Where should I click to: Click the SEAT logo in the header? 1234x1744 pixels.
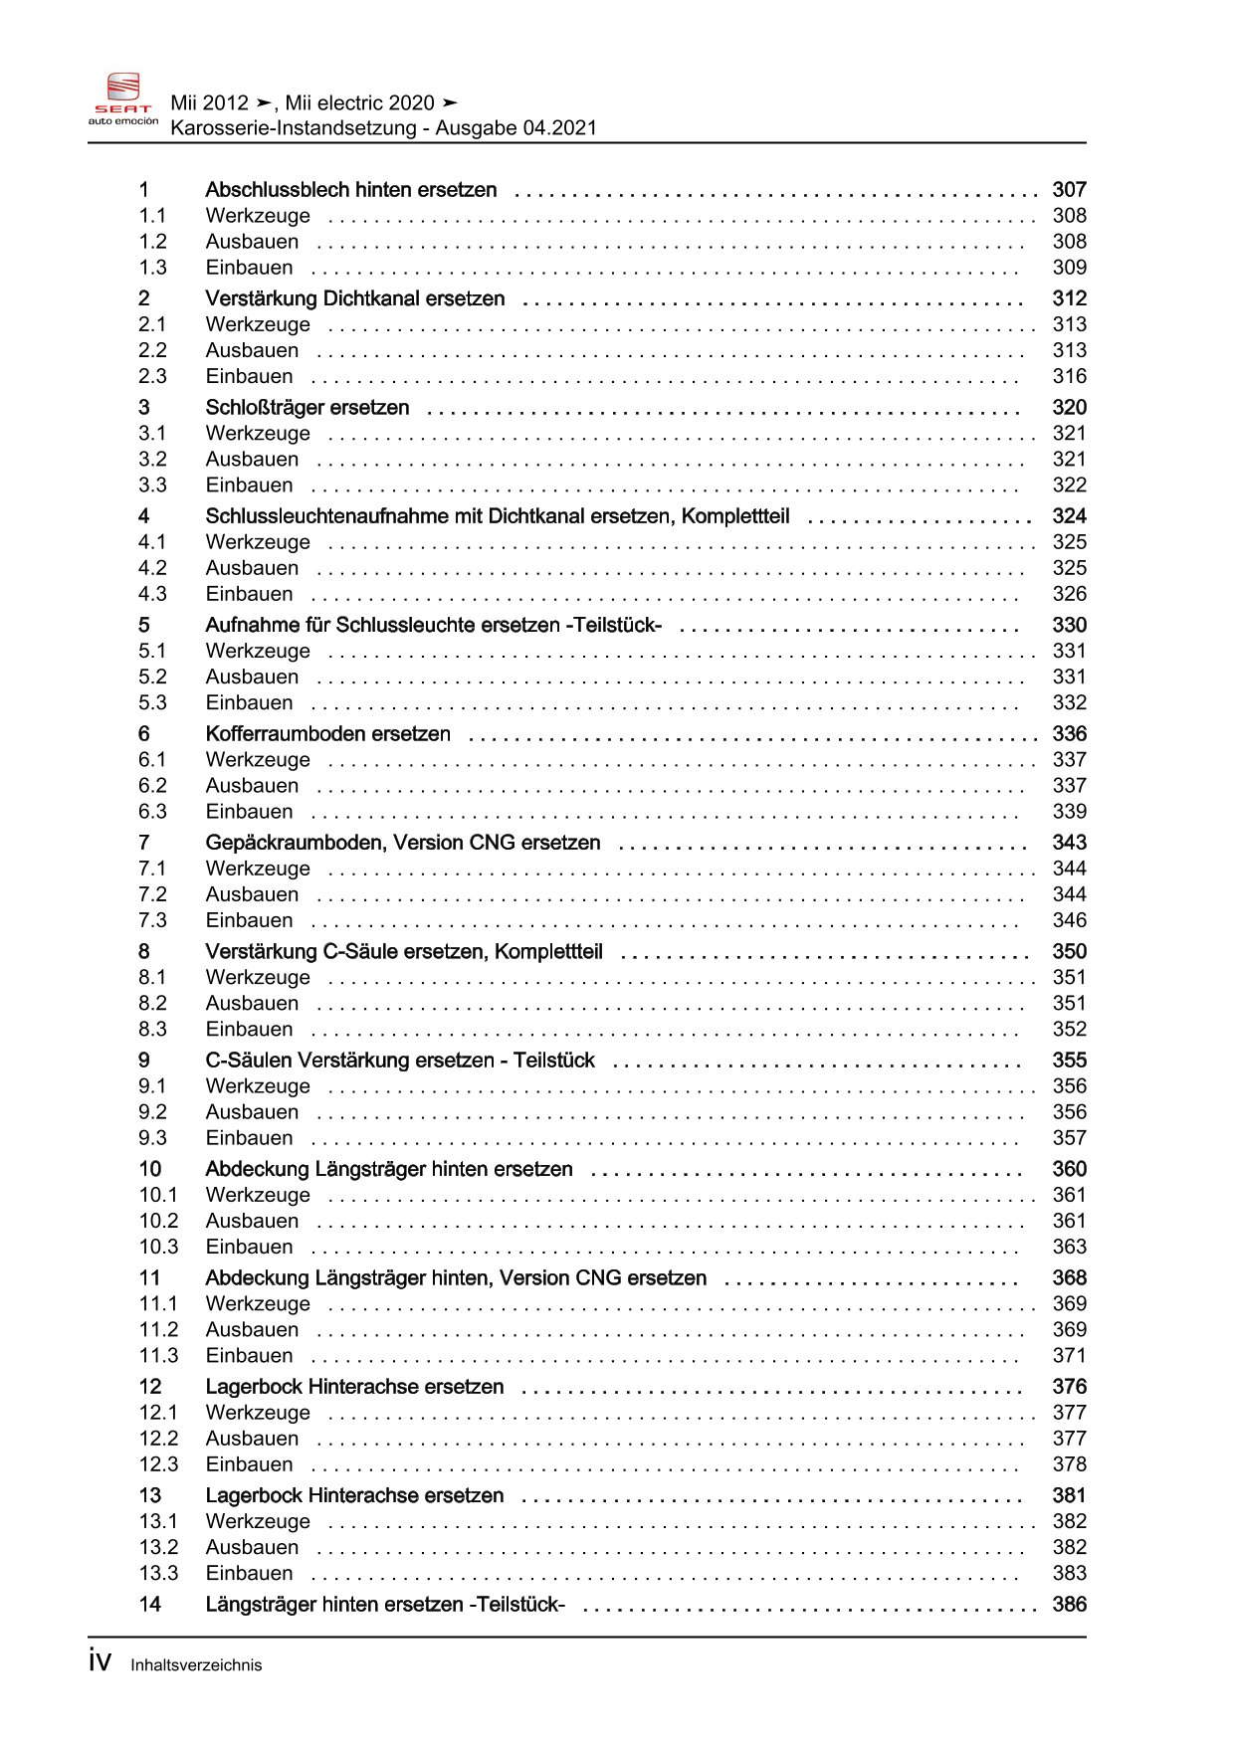(123, 98)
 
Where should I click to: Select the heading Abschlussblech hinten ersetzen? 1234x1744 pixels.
(350, 190)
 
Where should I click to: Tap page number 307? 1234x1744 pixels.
(1069, 190)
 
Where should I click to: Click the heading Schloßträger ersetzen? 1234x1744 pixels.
(307, 408)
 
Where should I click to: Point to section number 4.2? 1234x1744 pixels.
(152, 568)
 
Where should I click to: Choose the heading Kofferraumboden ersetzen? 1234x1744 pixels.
(327, 734)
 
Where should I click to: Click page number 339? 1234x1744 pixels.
(1069, 812)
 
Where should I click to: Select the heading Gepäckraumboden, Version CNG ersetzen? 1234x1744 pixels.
(402, 843)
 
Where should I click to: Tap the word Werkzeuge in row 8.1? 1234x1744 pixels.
(258, 978)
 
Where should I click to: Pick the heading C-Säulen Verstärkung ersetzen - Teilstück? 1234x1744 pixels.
(399, 1061)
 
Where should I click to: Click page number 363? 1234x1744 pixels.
(1069, 1248)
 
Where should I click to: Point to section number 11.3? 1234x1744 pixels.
(158, 1356)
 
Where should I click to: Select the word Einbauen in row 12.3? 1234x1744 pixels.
(249, 1464)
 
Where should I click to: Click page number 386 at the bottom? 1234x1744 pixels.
(1069, 1605)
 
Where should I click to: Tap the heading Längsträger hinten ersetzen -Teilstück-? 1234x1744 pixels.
(384, 1605)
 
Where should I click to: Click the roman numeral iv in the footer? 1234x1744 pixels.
(100, 1661)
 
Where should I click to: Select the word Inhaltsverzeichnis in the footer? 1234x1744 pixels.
(196, 1665)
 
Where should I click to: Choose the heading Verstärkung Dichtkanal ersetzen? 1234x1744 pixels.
(354, 299)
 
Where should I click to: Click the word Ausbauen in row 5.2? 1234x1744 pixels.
(252, 678)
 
